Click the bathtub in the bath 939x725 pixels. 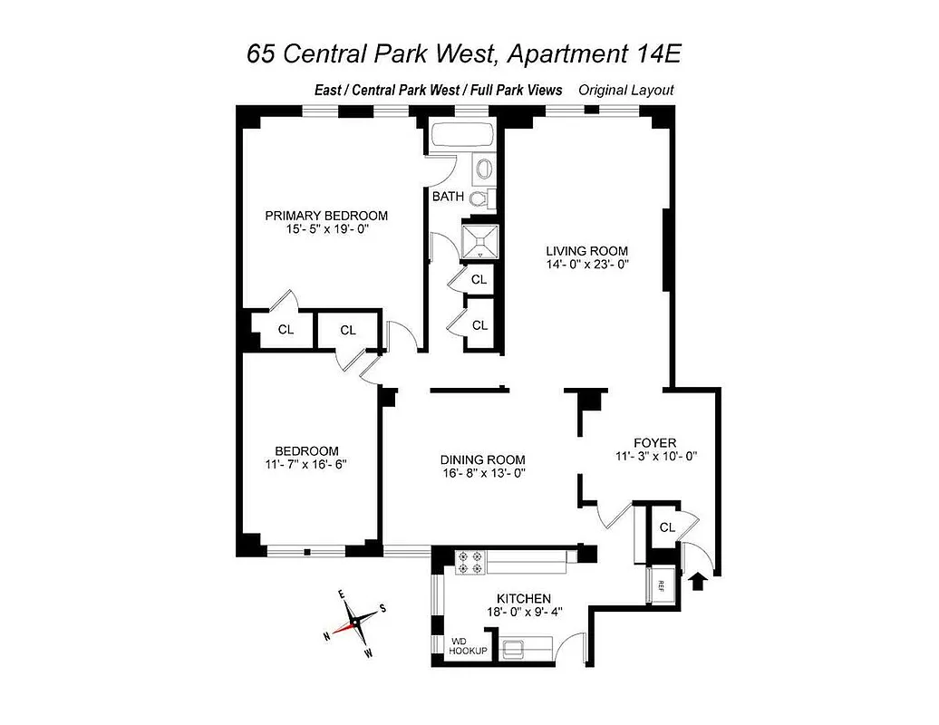tap(460, 137)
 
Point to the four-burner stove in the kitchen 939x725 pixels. tap(470, 563)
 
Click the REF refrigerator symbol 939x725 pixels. tap(662, 585)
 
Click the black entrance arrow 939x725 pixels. tap(700, 579)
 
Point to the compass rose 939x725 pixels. tap(354, 623)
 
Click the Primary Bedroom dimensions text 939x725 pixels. tap(326, 230)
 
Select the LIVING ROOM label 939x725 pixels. tap(586, 251)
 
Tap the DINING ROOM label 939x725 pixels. tap(482, 459)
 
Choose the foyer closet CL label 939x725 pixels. tap(667, 527)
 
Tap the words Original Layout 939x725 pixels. tap(626, 90)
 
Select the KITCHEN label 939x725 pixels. tap(524, 598)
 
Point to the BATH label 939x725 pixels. tap(448, 197)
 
